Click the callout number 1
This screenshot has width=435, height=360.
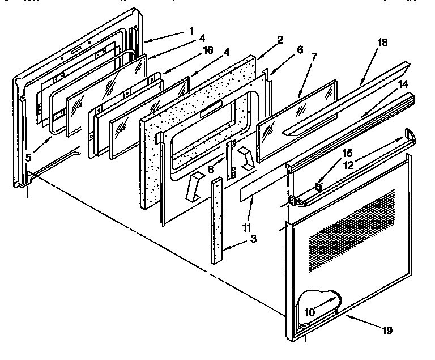tap(191, 31)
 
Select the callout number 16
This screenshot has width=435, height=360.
tap(208, 50)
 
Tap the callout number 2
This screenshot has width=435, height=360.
tap(280, 40)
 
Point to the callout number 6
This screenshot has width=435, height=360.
tap(300, 50)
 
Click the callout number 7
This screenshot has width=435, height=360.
tap(314, 57)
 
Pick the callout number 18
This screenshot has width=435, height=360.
tap(382, 43)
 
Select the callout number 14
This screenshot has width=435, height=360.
tap(403, 84)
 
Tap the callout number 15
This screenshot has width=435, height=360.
tap(347, 153)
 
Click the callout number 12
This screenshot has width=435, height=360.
tap(348, 165)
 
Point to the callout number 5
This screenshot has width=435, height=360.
tap(28, 158)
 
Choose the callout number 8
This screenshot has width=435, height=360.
tap(211, 170)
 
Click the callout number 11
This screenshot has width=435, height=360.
tap(246, 228)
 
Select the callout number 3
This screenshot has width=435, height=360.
tap(253, 239)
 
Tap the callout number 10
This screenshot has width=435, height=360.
tap(310, 312)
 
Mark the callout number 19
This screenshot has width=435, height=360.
tap(387, 331)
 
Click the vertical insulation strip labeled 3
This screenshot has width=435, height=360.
tap(217, 221)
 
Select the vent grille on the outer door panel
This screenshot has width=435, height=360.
tap(352, 231)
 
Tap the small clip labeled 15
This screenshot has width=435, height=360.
tap(319, 187)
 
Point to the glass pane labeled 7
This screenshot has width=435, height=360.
tap(297, 121)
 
